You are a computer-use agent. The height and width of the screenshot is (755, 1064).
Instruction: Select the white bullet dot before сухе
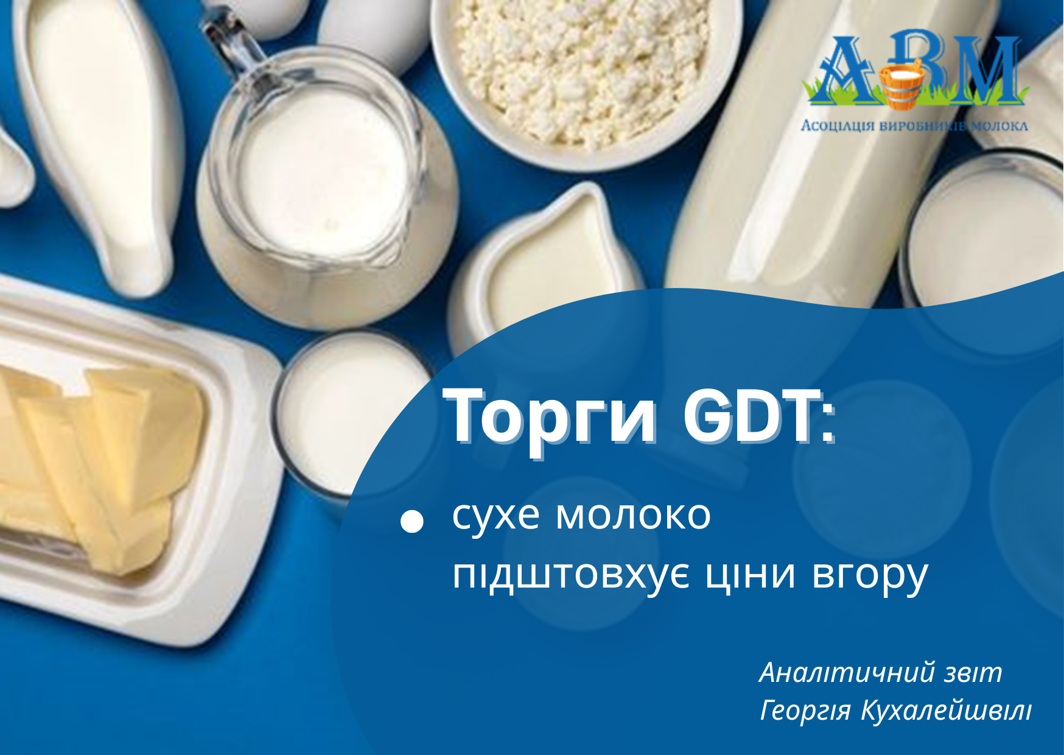(412, 521)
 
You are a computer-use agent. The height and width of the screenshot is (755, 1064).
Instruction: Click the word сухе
(496, 516)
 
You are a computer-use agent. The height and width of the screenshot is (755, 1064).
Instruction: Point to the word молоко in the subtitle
(633, 515)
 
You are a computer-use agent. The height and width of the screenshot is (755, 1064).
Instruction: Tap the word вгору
(870, 575)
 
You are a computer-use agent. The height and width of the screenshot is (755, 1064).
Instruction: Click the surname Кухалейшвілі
(947, 711)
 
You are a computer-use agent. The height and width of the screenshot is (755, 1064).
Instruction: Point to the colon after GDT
(828, 424)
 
